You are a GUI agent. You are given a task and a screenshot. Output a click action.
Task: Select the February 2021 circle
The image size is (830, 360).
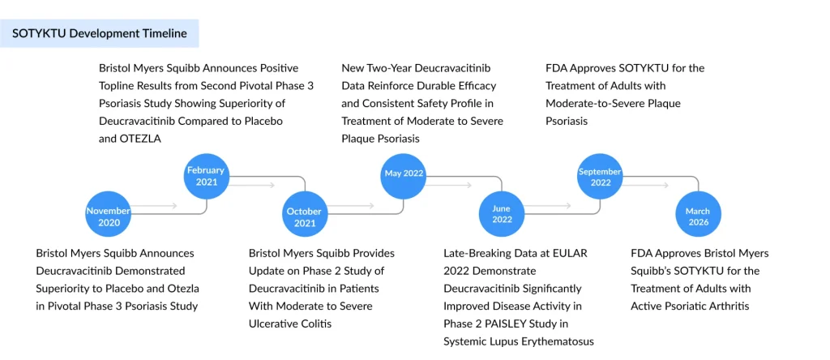pyautogui.click(x=207, y=176)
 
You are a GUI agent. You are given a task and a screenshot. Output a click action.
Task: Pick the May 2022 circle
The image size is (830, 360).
pyautogui.click(x=404, y=174)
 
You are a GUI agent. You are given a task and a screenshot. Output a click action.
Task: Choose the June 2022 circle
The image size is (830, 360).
pyautogui.click(x=502, y=214)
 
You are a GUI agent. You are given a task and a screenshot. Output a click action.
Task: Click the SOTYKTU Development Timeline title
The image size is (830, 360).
pyautogui.click(x=100, y=33)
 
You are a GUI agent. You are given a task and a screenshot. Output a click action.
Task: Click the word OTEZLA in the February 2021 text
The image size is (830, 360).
pyautogui.click(x=143, y=139)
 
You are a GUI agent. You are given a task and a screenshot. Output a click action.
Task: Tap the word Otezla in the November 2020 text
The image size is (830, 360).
pyautogui.click(x=182, y=289)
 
